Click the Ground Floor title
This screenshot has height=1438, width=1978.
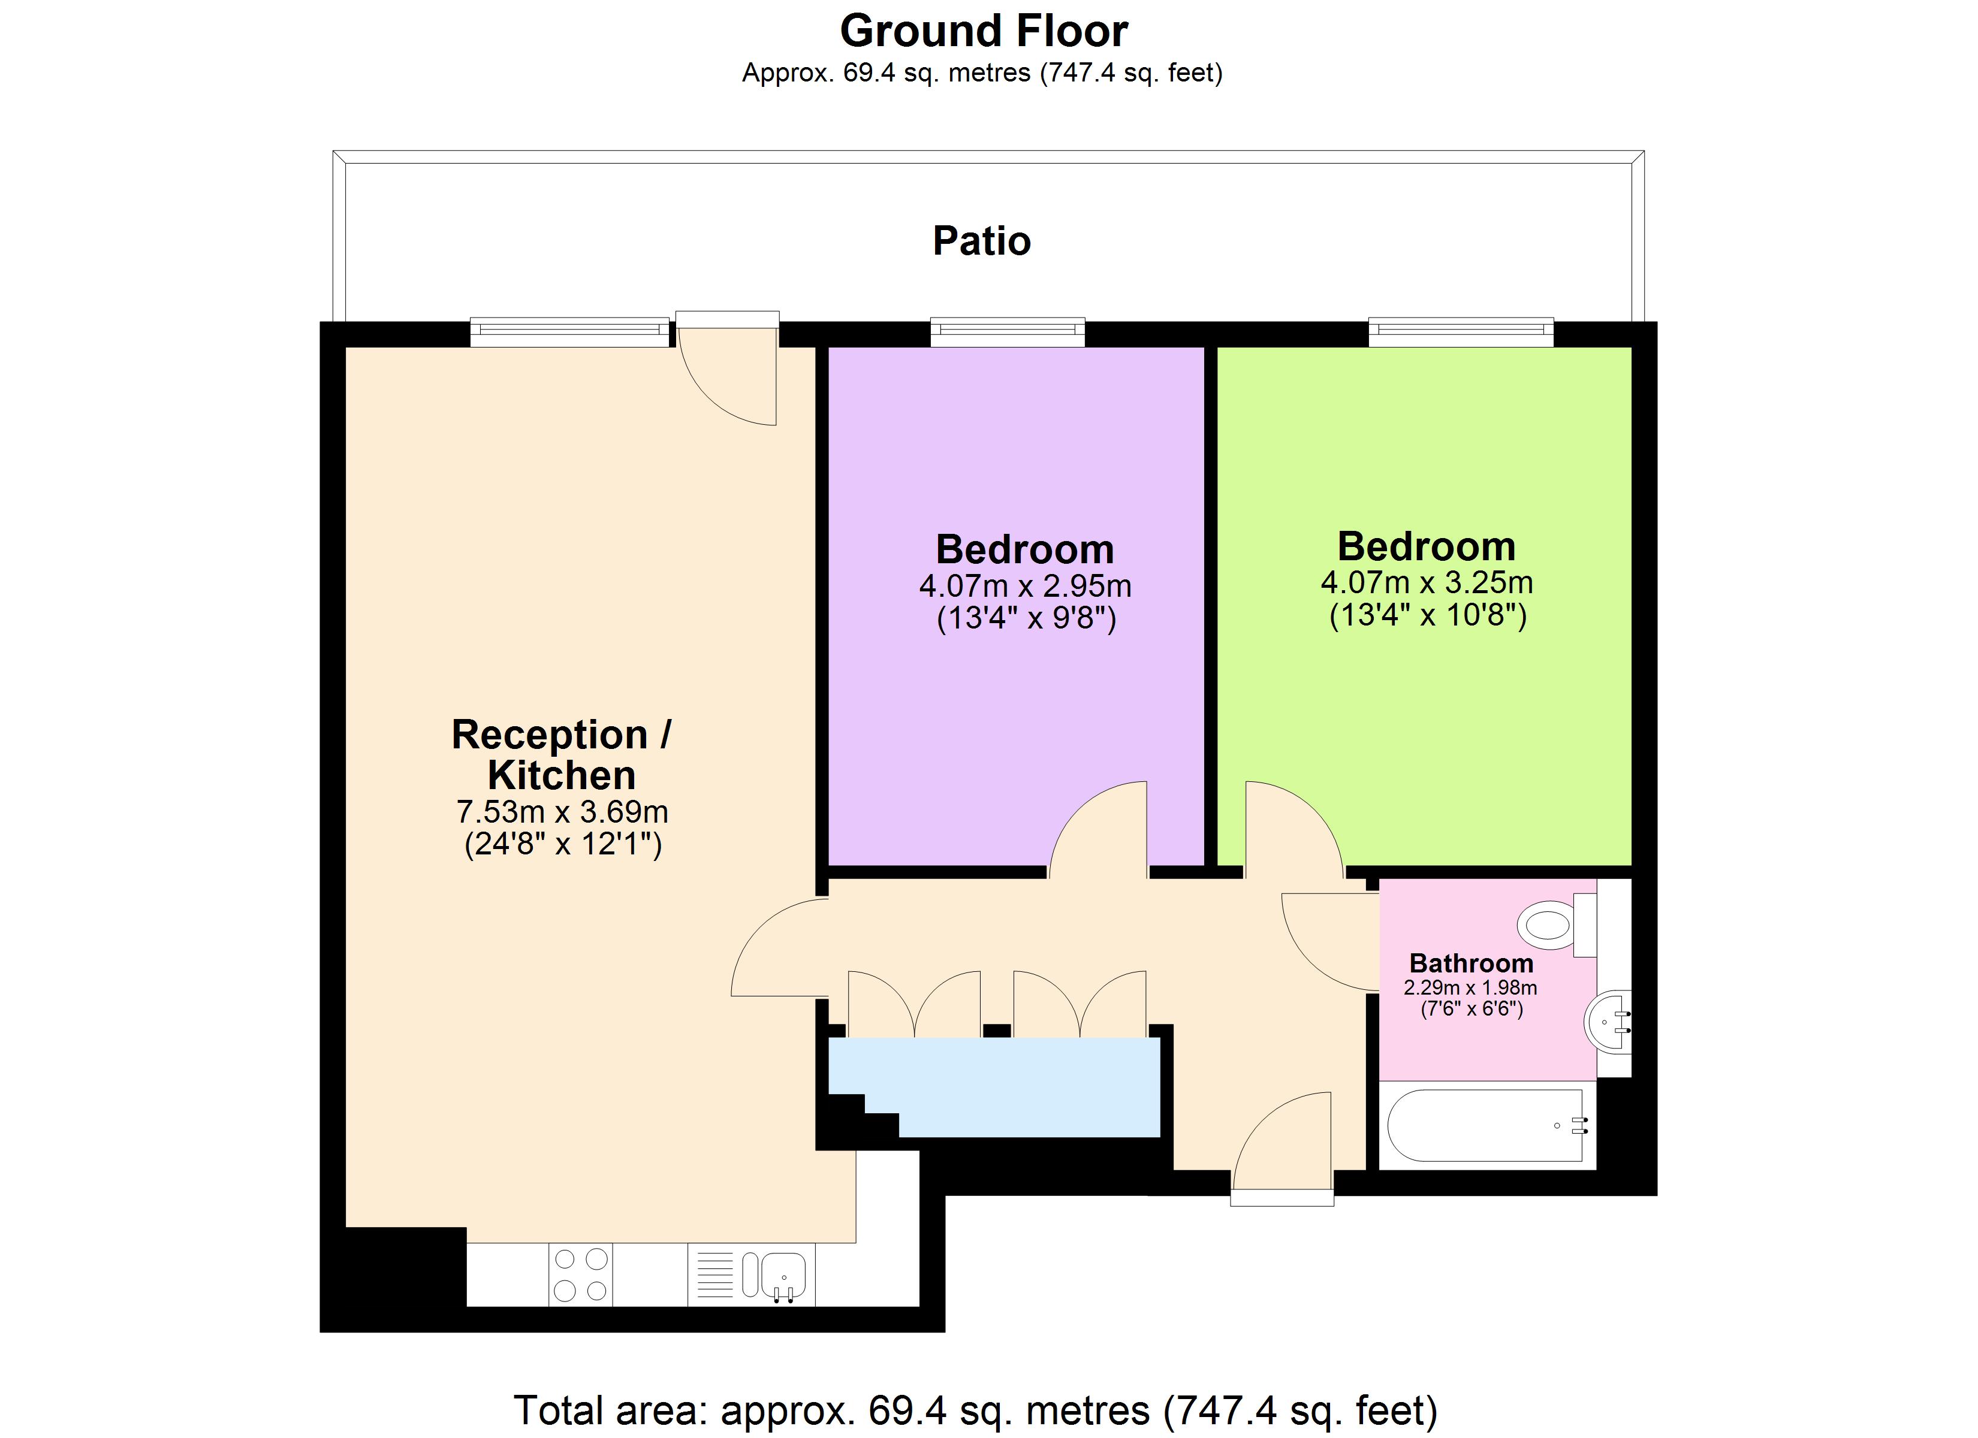[x=983, y=31]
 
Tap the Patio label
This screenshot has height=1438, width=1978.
[x=981, y=241]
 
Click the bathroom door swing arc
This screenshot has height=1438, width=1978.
[x=1329, y=942]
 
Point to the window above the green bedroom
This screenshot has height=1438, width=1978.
[x=1461, y=331]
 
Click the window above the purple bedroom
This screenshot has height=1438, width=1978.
[x=1008, y=331]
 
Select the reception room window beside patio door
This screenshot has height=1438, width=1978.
[x=569, y=331]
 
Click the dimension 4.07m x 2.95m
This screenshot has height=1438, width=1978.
[x=1025, y=586]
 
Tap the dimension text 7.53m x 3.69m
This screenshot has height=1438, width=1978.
[x=562, y=812]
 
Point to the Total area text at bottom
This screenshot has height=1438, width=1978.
[x=975, y=1410]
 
